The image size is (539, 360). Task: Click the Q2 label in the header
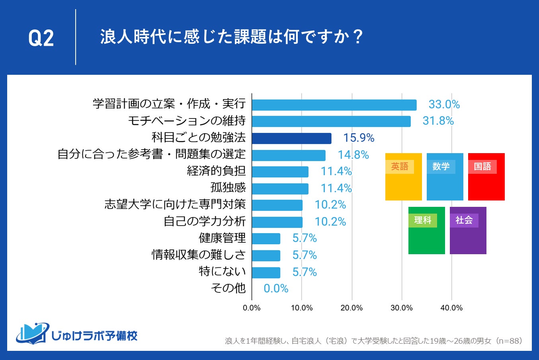(41, 39)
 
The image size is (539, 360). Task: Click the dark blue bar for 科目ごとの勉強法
(291, 138)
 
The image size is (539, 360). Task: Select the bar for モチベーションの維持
(331, 121)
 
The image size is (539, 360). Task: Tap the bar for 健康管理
(266, 239)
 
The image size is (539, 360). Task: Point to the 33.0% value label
(444, 105)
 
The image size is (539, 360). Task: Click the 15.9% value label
(359, 138)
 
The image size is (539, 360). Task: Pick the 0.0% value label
(276, 288)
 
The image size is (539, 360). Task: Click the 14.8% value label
(353, 155)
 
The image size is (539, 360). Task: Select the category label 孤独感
(228, 188)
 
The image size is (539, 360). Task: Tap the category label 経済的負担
(216, 171)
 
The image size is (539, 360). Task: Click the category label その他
(228, 288)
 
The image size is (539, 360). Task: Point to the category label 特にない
(222, 271)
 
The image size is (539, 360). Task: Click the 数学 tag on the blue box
(441, 167)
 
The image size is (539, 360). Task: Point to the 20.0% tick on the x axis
(352, 308)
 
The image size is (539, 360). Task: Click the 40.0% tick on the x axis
(451, 308)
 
